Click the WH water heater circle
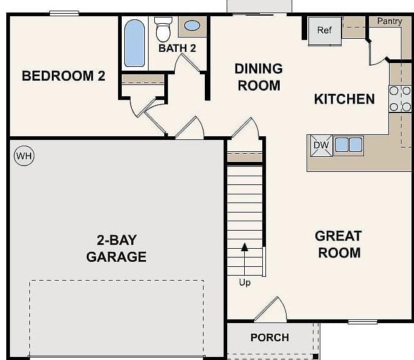click(x=24, y=156)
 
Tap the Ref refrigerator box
click(x=325, y=31)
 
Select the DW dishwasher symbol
click(x=322, y=146)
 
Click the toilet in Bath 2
click(x=163, y=29)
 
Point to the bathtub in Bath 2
click(x=134, y=43)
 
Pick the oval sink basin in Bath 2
click(x=192, y=26)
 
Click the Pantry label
click(x=390, y=21)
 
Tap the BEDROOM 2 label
click(x=64, y=76)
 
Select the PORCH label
click(x=270, y=337)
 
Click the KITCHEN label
click(x=344, y=99)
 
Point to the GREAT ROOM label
click(x=338, y=244)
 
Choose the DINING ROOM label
click(x=259, y=77)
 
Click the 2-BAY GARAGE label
click(x=116, y=248)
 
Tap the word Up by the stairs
click(x=245, y=282)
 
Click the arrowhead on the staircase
click(x=245, y=247)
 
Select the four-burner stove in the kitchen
click(x=400, y=99)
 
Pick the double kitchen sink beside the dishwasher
click(x=348, y=145)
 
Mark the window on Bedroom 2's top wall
click(x=64, y=13)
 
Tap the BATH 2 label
click(x=177, y=48)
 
